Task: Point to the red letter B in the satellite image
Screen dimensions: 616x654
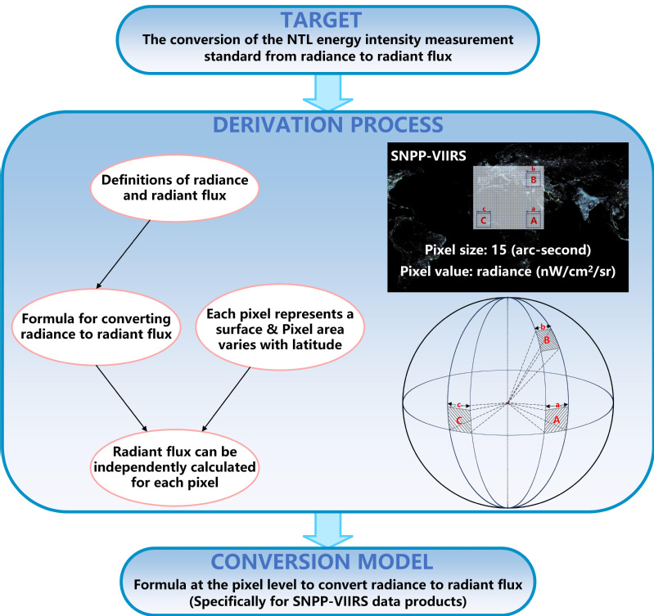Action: (x=533, y=180)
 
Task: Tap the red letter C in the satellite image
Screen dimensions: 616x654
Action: (x=484, y=220)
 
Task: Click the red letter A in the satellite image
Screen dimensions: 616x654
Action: (x=533, y=220)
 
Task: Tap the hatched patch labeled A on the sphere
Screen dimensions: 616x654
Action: (x=557, y=420)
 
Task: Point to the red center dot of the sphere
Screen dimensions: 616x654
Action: (x=508, y=403)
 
